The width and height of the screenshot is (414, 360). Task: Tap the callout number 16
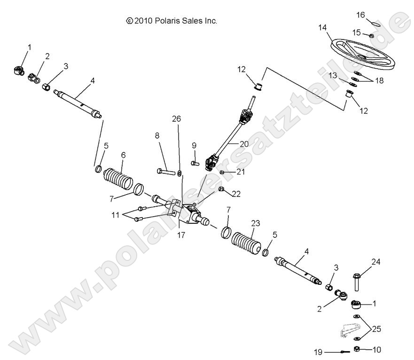[360, 16]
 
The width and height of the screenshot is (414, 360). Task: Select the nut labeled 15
[371, 35]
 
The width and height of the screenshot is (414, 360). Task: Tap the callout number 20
[244, 144]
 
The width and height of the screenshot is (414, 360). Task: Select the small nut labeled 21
[222, 172]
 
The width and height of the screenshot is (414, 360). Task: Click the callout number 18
[379, 80]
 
